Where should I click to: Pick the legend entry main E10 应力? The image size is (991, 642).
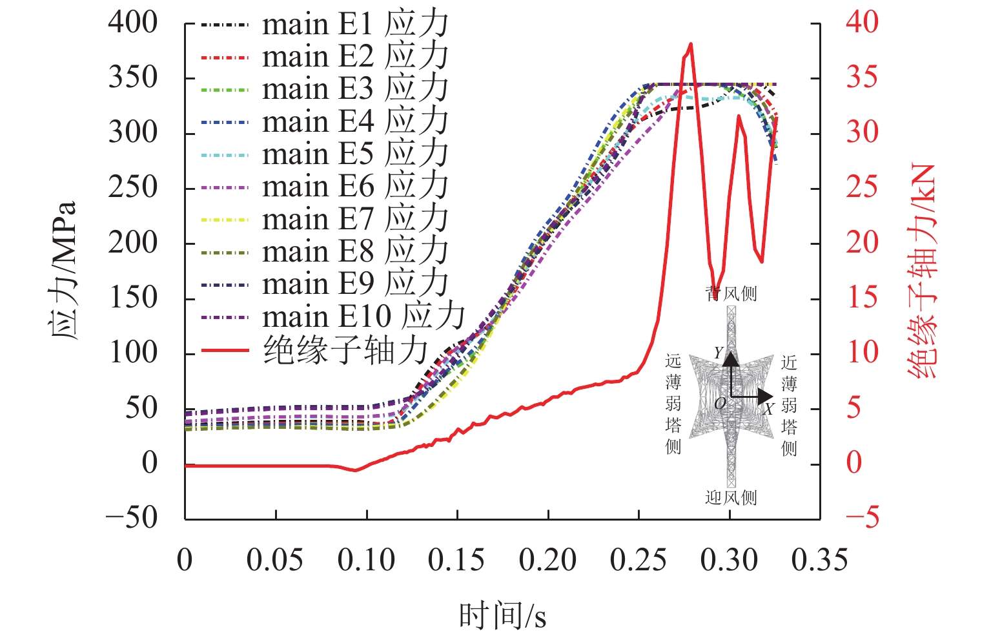(363, 316)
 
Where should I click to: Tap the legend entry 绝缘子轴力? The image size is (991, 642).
(346, 351)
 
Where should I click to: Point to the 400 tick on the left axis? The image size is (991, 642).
(133, 23)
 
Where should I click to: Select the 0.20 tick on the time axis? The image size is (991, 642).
(547, 559)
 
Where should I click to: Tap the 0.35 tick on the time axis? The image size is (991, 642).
(819, 559)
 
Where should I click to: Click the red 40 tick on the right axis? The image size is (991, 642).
(862, 23)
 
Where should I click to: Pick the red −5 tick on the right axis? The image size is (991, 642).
(862, 517)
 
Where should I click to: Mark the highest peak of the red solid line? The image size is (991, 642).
(691, 44)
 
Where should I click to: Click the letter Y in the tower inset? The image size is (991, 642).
(719, 353)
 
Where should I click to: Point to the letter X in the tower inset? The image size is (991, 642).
(768, 409)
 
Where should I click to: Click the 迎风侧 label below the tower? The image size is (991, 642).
(731, 497)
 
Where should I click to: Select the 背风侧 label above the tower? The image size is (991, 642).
(731, 294)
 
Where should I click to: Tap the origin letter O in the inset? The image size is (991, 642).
(720, 404)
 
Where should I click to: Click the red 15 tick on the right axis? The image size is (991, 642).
(862, 298)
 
